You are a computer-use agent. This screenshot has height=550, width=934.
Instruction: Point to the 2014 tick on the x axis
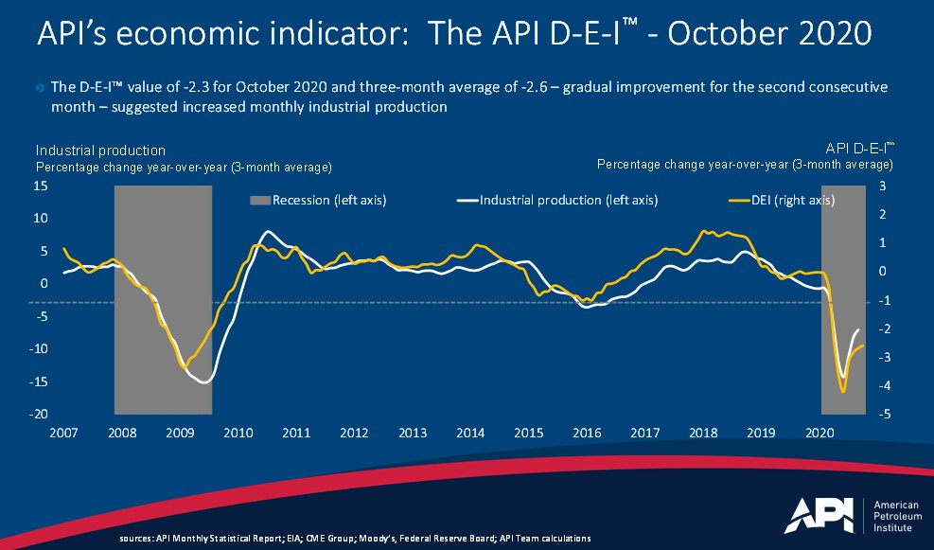pyautogui.click(x=470, y=433)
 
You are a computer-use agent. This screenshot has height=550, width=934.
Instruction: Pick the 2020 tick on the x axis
pyautogui.click(x=819, y=433)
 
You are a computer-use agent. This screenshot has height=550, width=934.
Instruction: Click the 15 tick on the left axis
pyautogui.click(x=42, y=186)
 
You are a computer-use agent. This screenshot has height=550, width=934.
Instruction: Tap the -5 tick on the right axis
pyautogui.click(x=882, y=415)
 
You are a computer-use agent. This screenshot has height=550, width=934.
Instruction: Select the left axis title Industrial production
pyautogui.click(x=100, y=151)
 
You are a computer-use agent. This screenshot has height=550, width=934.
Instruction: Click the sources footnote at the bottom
pyautogui.click(x=355, y=538)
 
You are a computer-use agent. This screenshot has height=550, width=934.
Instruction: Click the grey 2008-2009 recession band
pyautogui.click(x=163, y=299)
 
